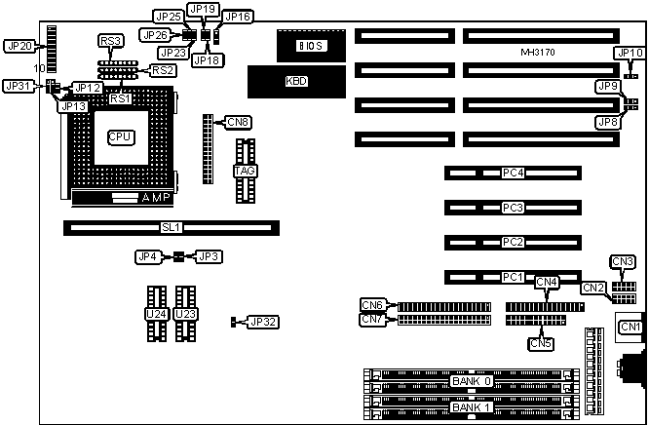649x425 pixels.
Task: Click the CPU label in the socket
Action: coord(121,137)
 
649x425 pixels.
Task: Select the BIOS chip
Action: coord(311,45)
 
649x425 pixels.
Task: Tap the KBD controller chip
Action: coord(295,81)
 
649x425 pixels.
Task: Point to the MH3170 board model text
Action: coord(538,51)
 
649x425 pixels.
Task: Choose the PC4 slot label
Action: coord(513,174)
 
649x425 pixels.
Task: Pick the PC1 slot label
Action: coord(513,277)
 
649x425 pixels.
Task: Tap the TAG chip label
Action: coord(245,171)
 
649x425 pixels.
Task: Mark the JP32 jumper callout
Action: coord(263,322)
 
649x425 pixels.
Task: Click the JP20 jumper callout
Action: coord(20,46)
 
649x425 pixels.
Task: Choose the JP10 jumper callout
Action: coord(629,53)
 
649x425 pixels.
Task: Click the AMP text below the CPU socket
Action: coord(159,198)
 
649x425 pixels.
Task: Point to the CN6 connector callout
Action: coord(372,304)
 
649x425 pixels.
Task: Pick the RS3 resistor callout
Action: coord(111,40)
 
